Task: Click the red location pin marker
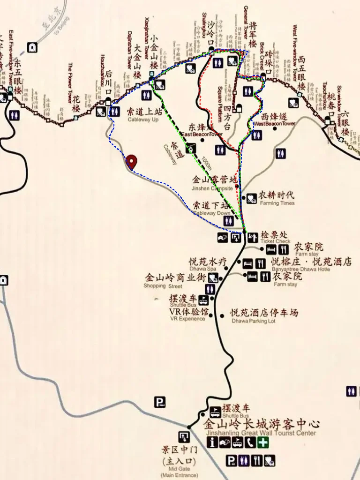pyautogui.click(x=132, y=161)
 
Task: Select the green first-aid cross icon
pyautogui.click(x=265, y=442)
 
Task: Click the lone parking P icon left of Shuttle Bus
pyautogui.click(x=160, y=401)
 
